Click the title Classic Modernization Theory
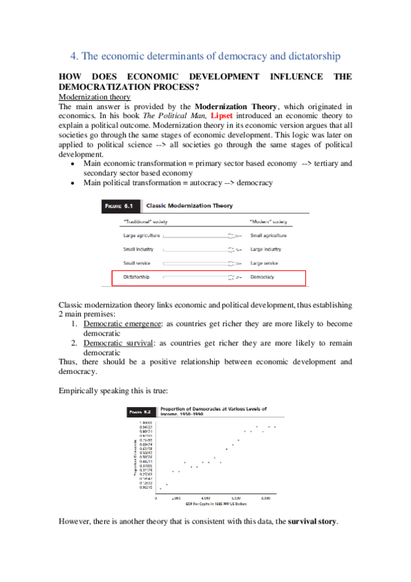click(194, 205)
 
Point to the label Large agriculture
click(140, 235)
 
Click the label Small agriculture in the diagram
click(270, 235)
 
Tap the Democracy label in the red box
click(262, 277)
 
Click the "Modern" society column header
click(268, 221)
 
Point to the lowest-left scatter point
click(160, 489)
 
